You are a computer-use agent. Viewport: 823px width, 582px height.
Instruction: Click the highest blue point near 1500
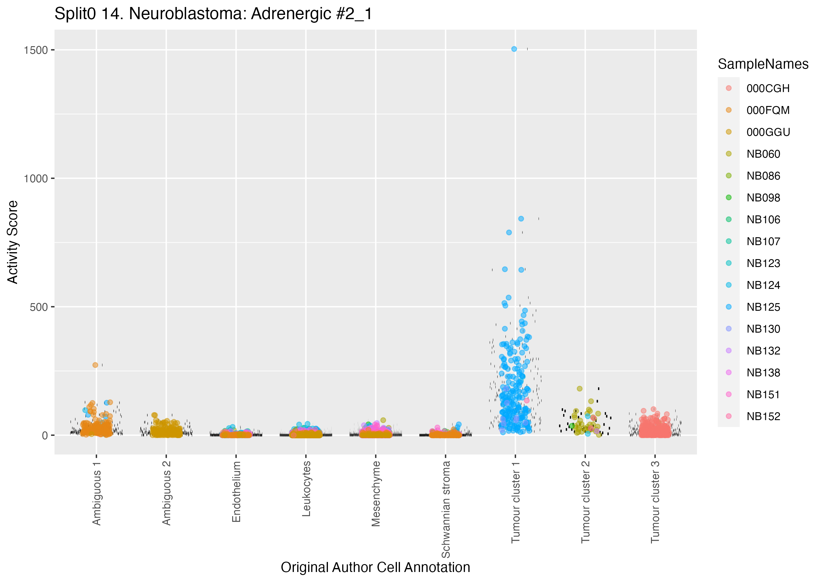point(514,49)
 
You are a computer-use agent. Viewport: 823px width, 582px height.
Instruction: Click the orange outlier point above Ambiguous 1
point(95,365)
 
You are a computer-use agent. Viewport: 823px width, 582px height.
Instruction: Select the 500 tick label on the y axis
point(39,307)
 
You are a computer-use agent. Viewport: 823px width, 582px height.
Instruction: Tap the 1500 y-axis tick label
point(36,50)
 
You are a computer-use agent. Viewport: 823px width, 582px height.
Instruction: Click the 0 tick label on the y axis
point(45,435)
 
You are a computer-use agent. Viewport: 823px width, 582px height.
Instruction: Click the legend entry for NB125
point(763,307)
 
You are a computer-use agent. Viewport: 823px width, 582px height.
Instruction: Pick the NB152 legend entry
point(763,416)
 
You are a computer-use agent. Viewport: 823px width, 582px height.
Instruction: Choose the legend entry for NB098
point(763,198)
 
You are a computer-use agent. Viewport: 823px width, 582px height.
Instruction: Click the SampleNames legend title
point(763,64)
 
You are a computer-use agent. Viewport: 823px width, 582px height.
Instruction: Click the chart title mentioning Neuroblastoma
point(214,14)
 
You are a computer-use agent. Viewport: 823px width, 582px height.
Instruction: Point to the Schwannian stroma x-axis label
point(446,509)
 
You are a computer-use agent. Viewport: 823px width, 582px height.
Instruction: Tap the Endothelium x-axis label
point(236,492)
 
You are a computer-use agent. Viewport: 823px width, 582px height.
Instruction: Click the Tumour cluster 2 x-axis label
point(585,502)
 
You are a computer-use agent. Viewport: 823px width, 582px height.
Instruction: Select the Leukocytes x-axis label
point(306,489)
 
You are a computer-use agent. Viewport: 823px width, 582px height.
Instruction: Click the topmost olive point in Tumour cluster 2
point(580,389)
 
